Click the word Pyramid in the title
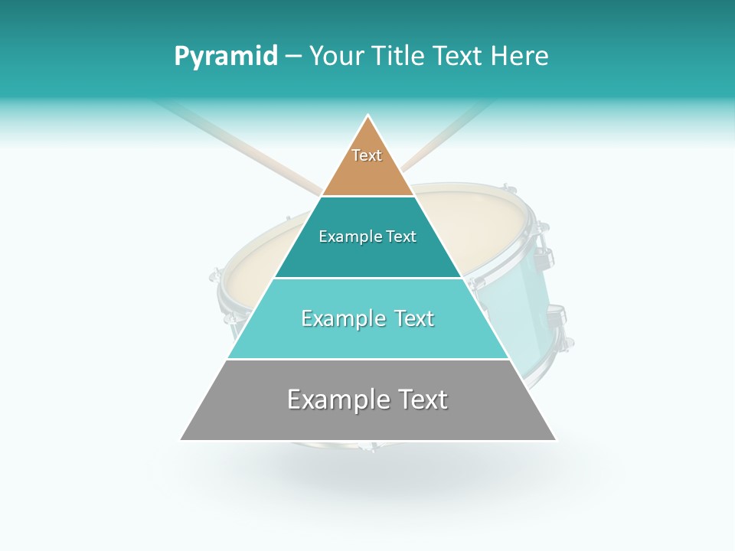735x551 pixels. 225,56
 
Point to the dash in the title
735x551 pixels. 293,57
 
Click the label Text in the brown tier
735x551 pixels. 367,155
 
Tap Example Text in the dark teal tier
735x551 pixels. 367,236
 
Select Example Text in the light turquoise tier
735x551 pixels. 367,318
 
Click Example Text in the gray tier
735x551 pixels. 367,399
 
